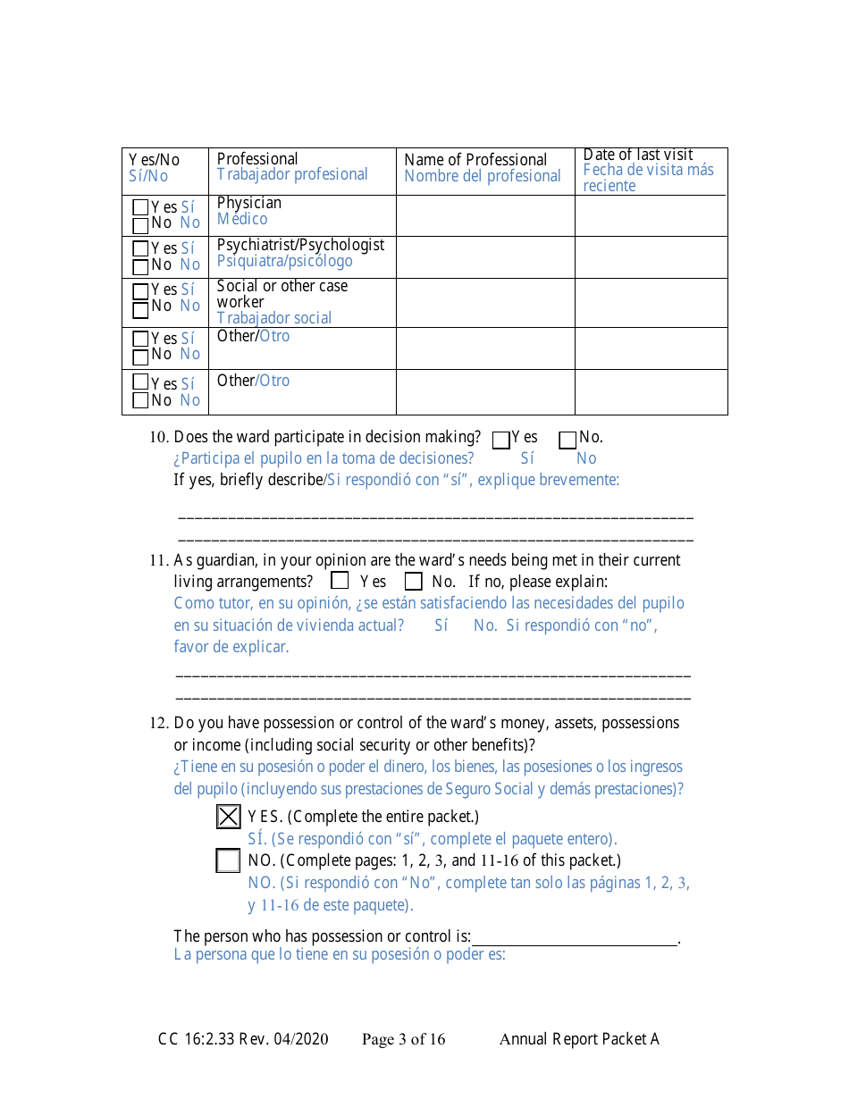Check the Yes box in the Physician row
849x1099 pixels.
click(140, 207)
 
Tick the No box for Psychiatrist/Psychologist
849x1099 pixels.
click(140, 265)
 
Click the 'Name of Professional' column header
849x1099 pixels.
click(475, 160)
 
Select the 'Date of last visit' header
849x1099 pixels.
click(638, 155)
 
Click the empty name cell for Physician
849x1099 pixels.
click(485, 215)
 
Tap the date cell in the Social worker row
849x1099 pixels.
click(651, 303)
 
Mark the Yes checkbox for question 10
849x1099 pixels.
click(501, 440)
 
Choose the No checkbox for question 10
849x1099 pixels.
click(567, 440)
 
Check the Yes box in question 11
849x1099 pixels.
click(340, 581)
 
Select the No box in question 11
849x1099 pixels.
click(414, 581)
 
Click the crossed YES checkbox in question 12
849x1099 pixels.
click(229, 817)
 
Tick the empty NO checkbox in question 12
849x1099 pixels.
click(229, 861)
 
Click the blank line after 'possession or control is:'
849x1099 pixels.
click(575, 937)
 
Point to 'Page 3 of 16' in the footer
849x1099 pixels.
click(403, 1039)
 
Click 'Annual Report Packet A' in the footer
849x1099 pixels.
click(579, 1039)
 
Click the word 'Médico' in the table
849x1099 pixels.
click(242, 219)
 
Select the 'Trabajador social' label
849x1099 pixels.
click(274, 318)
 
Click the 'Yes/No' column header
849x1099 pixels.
click(154, 160)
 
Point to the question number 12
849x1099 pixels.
click(158, 724)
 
